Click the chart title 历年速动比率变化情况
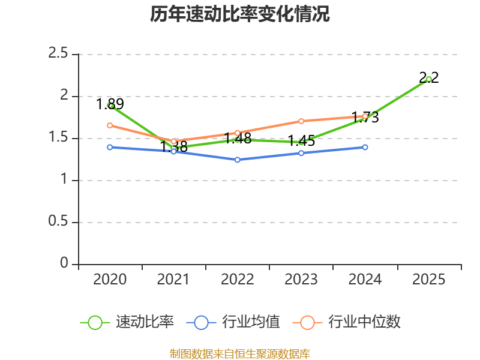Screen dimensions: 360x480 [x=240, y=14]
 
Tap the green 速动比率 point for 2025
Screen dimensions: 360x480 [x=428, y=79]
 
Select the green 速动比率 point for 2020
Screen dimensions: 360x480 [x=110, y=105]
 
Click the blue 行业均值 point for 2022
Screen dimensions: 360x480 [x=238, y=160]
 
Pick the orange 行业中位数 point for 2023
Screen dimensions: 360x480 [x=301, y=121]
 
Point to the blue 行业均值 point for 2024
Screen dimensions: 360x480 [x=365, y=147]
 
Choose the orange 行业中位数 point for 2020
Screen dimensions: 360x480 [x=110, y=125]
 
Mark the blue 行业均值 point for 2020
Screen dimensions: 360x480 [x=110, y=147]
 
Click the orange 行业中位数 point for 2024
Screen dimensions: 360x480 [x=365, y=116]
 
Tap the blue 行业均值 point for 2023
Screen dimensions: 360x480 [x=301, y=153]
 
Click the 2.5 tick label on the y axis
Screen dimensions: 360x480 [x=59, y=54]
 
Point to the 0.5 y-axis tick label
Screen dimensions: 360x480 [x=59, y=222]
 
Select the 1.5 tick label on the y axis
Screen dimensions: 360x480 [x=59, y=138]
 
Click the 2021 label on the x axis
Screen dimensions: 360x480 [x=173, y=280]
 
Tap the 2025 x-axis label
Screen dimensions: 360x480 [x=428, y=280]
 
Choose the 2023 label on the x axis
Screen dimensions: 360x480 [x=301, y=280]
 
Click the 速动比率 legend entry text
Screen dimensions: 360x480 [x=145, y=322]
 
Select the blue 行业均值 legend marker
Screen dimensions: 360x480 [x=201, y=322]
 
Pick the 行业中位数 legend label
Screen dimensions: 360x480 [x=364, y=322]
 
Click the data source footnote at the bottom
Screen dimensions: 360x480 [x=240, y=354]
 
